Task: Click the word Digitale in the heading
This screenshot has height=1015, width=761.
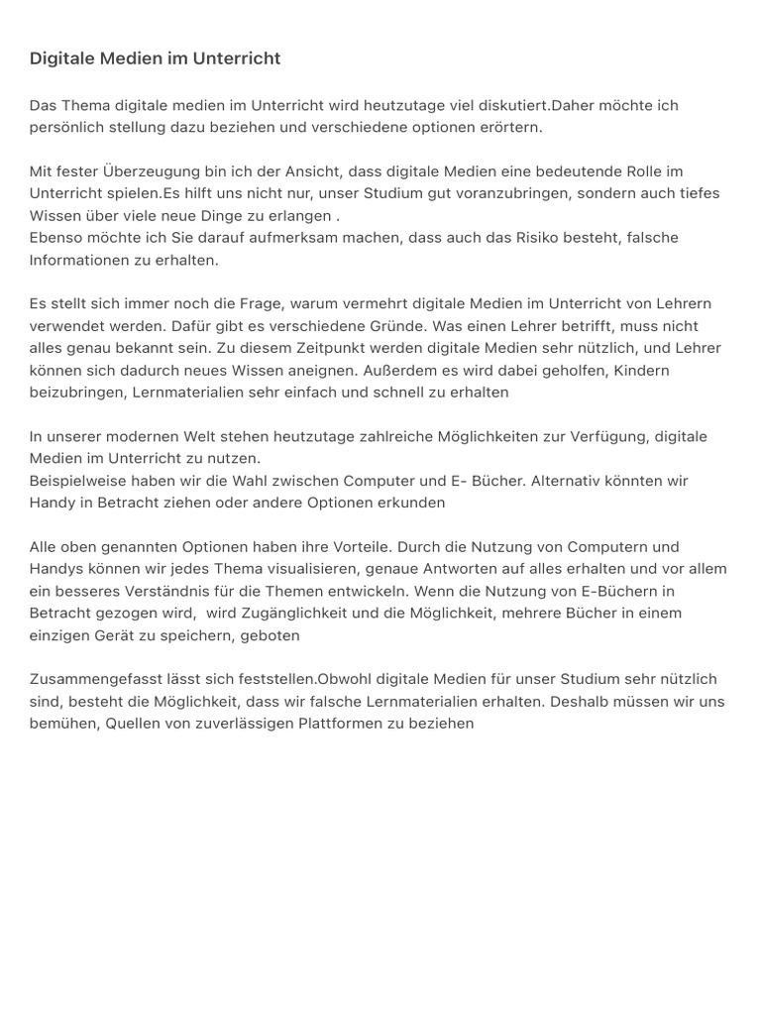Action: click(62, 58)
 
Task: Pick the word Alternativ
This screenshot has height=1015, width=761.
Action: click(568, 481)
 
